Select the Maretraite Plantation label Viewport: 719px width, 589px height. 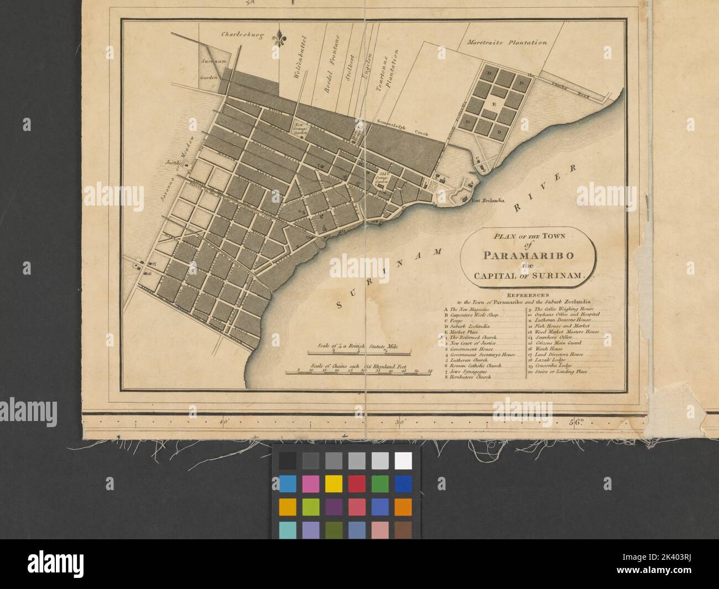point(507,42)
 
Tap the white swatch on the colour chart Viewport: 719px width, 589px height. point(403,460)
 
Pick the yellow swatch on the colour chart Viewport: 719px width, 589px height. point(333,483)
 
